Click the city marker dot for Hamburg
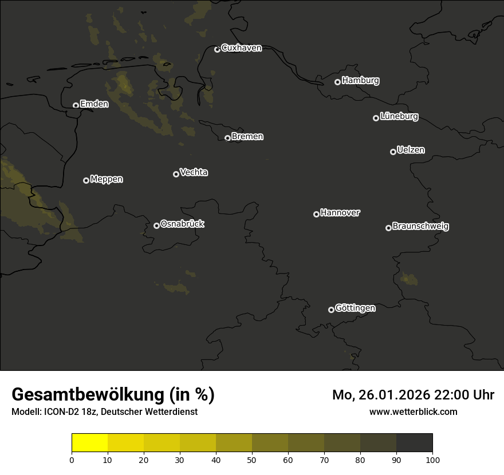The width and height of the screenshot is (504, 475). click(337, 82)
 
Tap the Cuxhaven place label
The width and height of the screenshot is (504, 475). click(241, 48)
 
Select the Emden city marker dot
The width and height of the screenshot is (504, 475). click(76, 105)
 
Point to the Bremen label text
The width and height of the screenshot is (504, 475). click(247, 137)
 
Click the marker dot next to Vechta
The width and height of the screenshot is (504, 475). click(176, 174)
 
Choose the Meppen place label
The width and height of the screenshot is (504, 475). click(107, 179)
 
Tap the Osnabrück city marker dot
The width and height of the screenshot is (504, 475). click(156, 225)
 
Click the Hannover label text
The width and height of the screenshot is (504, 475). click(340, 213)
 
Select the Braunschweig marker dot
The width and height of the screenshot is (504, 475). click(388, 228)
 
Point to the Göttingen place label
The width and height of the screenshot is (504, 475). click(355, 308)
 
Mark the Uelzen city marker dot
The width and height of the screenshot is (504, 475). click(393, 152)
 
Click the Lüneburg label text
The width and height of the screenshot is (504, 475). click(399, 117)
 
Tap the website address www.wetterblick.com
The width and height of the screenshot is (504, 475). click(414, 411)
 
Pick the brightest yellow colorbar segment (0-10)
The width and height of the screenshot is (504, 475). click(89, 443)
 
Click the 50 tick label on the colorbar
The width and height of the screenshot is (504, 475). click(252, 460)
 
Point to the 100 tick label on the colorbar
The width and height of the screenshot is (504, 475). click(432, 460)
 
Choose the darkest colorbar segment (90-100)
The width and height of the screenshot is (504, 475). click(414, 443)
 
